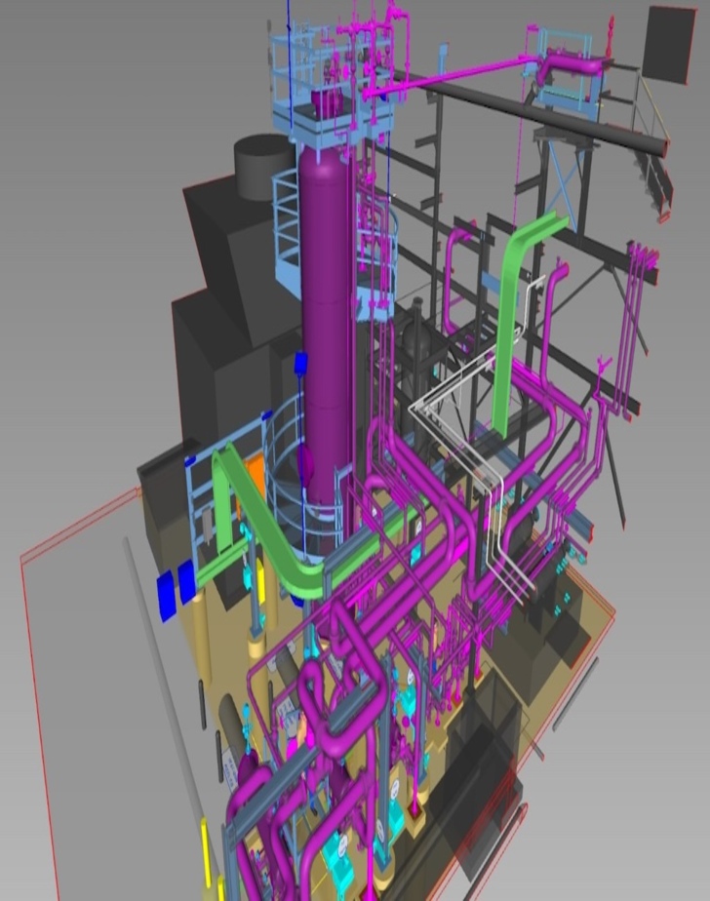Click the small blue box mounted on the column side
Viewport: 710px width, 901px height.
300,364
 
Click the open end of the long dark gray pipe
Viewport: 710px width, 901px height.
661,146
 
